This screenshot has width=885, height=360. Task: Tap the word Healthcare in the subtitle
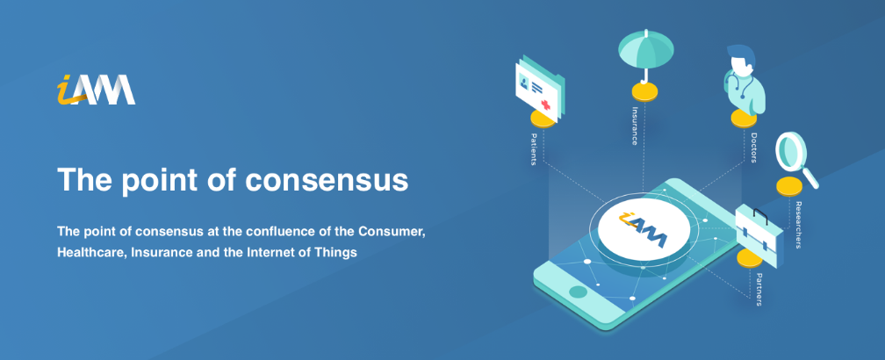(x=91, y=252)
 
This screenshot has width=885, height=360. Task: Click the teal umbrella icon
(x=645, y=55)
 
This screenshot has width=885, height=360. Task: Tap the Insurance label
(x=635, y=126)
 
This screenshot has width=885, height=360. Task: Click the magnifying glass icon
(x=796, y=159)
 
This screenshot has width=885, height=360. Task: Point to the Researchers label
(x=799, y=225)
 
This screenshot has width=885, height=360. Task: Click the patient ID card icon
(x=541, y=90)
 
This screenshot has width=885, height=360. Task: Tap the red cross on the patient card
(x=546, y=104)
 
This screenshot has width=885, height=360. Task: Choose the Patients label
(x=534, y=149)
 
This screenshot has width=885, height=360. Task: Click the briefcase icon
(x=759, y=231)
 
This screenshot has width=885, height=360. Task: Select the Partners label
(x=759, y=289)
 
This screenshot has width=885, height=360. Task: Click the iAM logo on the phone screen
(x=644, y=229)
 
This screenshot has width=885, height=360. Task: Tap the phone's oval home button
(x=578, y=292)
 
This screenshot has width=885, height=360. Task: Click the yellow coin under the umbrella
(x=644, y=90)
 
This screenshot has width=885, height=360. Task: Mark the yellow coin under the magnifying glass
(x=789, y=186)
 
